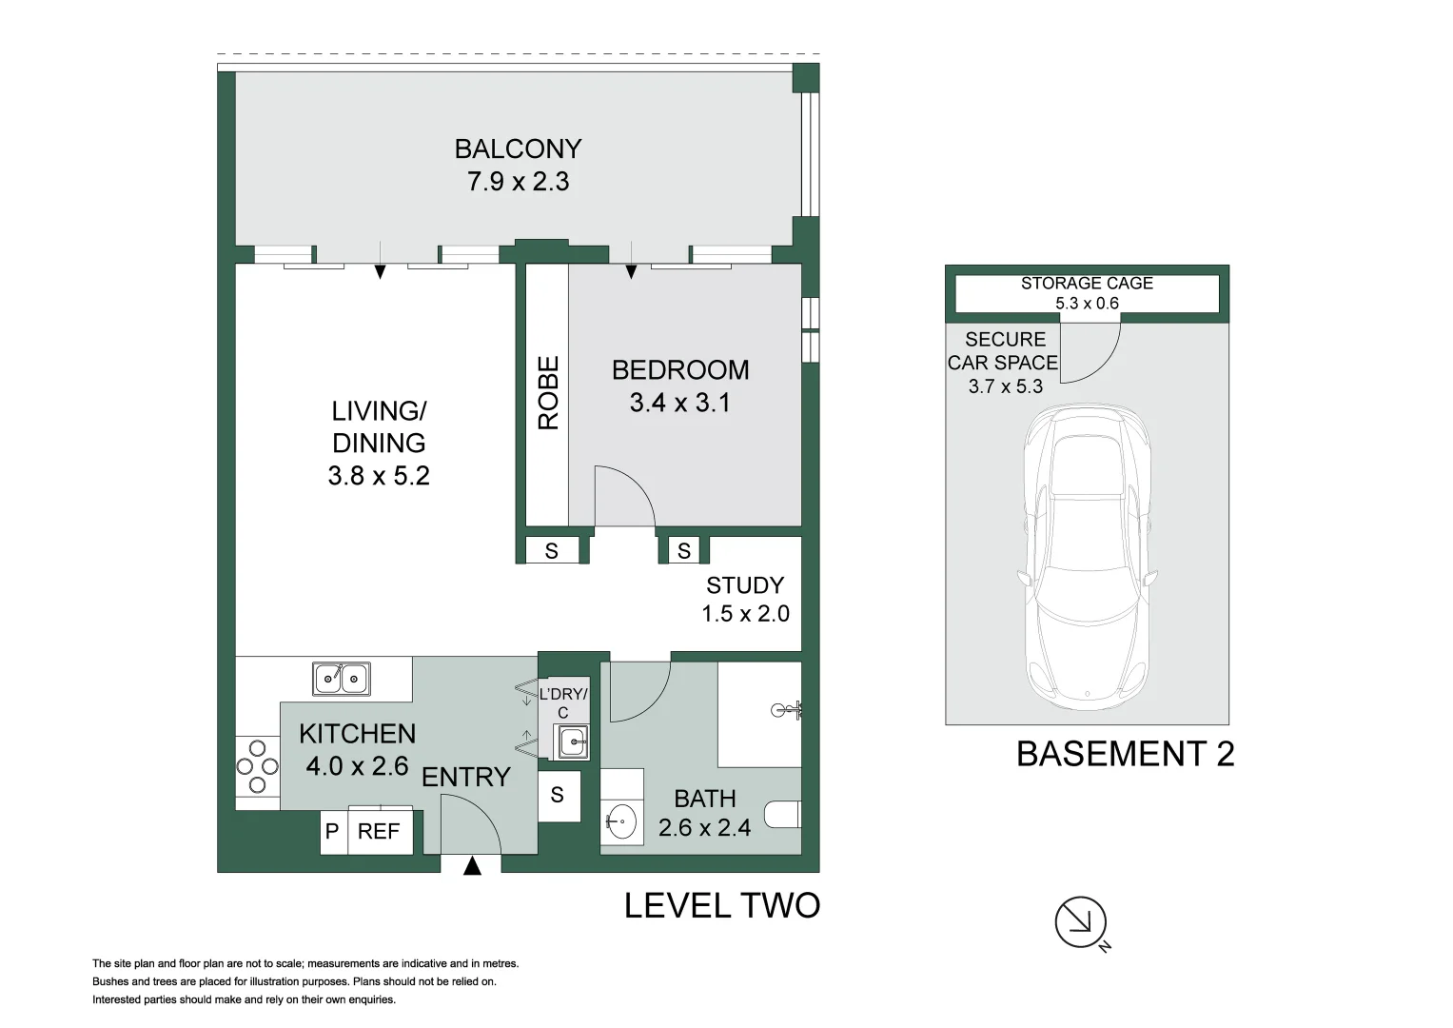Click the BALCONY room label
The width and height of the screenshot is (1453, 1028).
coord(518,149)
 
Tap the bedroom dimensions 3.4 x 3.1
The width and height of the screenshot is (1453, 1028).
coord(679,403)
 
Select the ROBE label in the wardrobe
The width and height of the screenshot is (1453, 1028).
coord(548,392)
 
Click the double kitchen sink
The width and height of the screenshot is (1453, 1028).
coord(342,679)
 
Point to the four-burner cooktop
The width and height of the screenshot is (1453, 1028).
coord(258,766)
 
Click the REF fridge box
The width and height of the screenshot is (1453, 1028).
coord(380,831)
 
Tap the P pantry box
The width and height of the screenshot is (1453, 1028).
coord(333,831)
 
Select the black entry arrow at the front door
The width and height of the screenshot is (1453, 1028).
coord(472,866)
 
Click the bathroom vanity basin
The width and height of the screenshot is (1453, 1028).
coord(622,821)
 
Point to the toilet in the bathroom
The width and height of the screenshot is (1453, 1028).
coord(783,815)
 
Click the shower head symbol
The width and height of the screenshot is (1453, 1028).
coord(787,711)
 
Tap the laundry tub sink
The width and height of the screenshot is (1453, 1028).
coord(572,741)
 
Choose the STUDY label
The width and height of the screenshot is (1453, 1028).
coord(745,585)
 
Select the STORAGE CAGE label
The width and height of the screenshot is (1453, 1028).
coord(1088,284)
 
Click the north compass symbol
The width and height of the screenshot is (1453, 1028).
coord(1082,923)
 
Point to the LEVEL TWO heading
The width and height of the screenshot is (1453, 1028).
coord(722,905)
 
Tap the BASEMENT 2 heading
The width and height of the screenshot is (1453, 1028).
coord(1126,754)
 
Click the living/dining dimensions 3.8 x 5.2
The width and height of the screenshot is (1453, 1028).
coord(379,476)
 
